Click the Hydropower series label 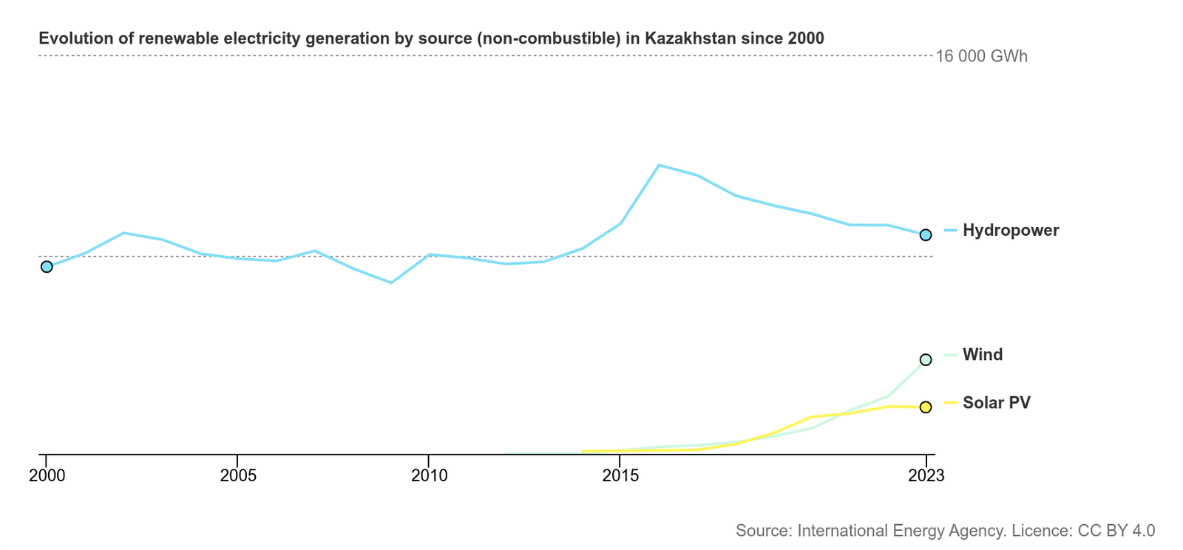1010,231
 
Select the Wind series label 983,355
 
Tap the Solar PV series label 996,403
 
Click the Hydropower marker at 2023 926,235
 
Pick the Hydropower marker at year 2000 47,267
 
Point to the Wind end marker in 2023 926,360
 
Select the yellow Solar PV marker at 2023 926,407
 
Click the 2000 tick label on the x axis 47,475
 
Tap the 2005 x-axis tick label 238,475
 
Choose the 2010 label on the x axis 430,475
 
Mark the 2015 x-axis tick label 620,475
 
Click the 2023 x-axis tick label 926,475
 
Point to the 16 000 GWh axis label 981,57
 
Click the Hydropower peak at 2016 659,166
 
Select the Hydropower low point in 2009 391,282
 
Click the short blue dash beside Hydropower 950,231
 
